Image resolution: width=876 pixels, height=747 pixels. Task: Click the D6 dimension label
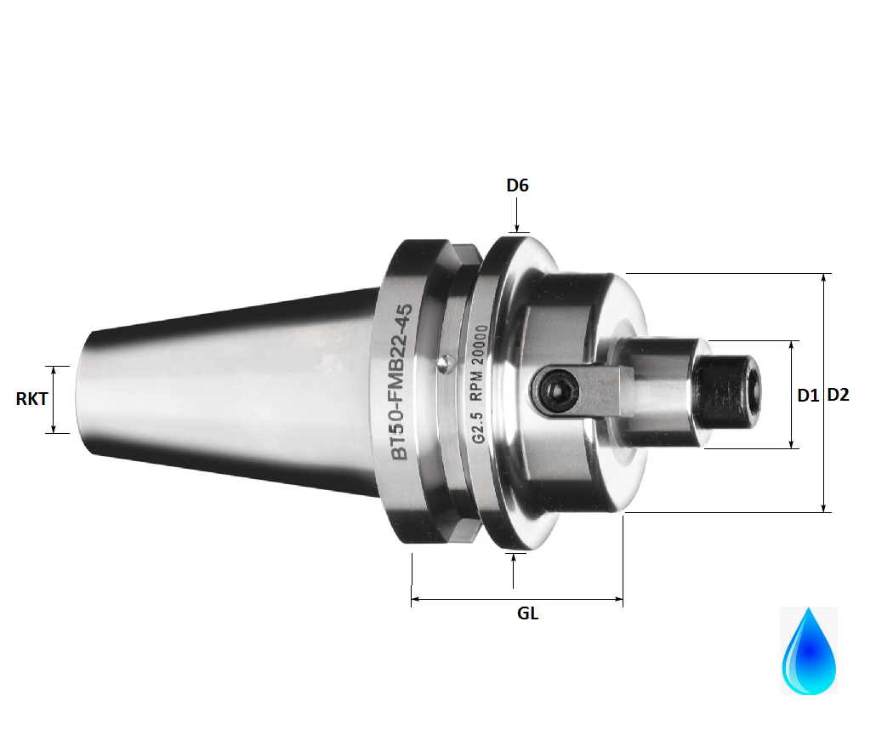517,185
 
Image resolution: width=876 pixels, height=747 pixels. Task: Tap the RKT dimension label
31,398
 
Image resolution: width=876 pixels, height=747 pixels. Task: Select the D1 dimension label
808,395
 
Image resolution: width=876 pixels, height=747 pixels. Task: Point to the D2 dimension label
839,395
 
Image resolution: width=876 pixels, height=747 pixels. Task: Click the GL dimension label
527,613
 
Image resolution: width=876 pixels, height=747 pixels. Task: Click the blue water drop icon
808,651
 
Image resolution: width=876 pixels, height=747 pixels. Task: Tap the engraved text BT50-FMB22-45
403,383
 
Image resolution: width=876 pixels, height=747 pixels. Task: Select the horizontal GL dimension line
517,600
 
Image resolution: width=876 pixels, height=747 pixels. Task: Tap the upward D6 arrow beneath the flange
514,570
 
